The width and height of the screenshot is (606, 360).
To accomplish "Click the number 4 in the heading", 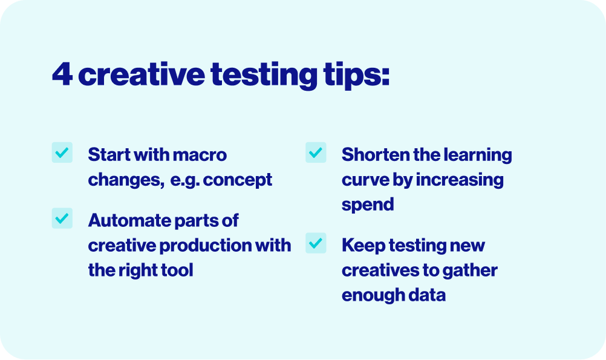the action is [62, 74].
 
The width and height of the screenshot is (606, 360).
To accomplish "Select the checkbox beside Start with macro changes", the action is [62, 152].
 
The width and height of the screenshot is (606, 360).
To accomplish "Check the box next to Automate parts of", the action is [62, 218].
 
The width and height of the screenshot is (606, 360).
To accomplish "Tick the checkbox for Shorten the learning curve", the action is [316, 152].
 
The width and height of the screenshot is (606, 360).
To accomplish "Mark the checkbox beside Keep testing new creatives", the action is [316, 243].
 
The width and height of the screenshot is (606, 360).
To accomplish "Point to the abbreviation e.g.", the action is [184, 180].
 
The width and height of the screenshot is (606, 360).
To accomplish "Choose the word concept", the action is [238, 180].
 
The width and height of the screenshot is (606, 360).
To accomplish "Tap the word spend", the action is [368, 205].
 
